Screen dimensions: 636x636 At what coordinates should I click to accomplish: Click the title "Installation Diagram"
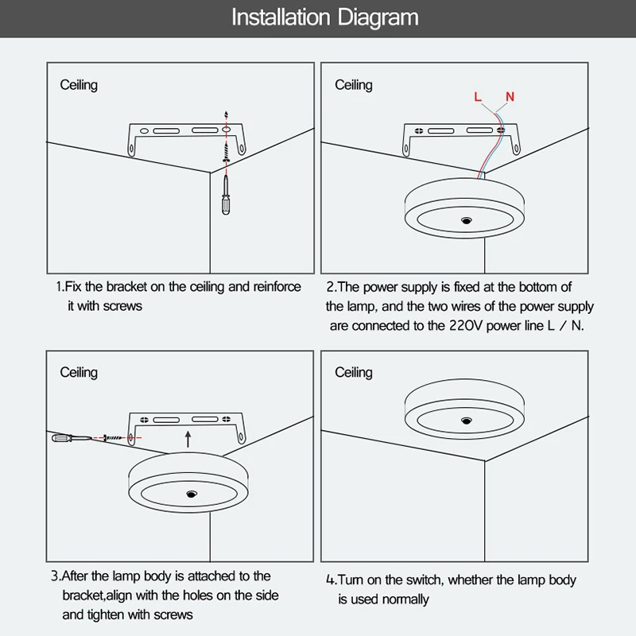coord(324,17)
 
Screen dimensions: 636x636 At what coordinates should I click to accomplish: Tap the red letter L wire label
coord(478,97)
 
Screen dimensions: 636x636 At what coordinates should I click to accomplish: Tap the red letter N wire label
coord(510,97)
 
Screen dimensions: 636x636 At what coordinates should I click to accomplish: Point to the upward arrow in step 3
coord(187,437)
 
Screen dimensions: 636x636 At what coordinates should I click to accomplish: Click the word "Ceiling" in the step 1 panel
coord(79,85)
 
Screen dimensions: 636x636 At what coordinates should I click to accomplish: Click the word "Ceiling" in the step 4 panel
coord(354,372)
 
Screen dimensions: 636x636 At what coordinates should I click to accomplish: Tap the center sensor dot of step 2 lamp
coord(464,217)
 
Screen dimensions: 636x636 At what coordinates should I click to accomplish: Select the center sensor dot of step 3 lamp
coord(191,494)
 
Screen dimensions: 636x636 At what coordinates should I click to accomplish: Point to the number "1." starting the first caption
coord(60,286)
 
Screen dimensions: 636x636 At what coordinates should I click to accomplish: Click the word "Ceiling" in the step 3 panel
coord(79,372)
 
